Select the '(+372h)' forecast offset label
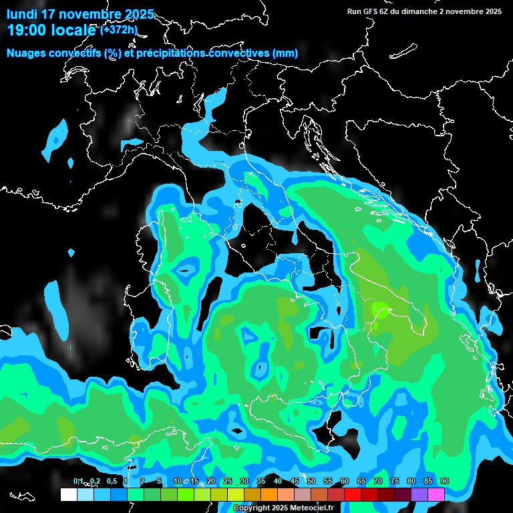[x=118, y=29]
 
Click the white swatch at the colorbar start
[x=68, y=494]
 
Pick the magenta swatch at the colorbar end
[x=436, y=494]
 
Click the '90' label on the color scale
[x=445, y=481]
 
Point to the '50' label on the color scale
[x=311, y=481]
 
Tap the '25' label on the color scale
[x=228, y=481]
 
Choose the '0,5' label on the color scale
[x=112, y=481]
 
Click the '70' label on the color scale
[x=378, y=481]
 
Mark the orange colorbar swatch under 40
[x=269, y=494]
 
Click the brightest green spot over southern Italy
[x=380, y=309]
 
